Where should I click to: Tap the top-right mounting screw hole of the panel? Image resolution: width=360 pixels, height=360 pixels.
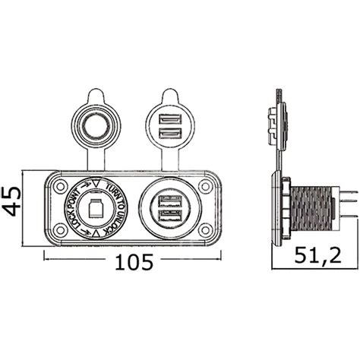[x=204, y=185]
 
